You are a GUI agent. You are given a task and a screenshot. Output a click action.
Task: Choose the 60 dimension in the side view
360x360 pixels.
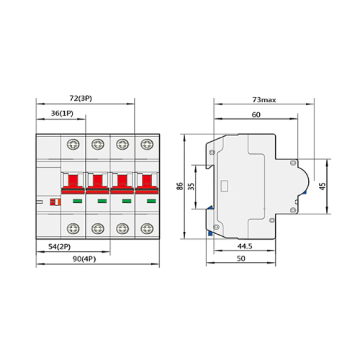[x=256, y=114]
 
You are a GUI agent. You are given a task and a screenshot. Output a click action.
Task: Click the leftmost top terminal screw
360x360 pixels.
[x=73, y=145]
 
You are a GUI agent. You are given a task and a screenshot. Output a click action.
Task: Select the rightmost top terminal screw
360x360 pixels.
[x=148, y=145]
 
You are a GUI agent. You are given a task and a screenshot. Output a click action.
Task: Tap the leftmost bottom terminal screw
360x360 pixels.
[x=73, y=230]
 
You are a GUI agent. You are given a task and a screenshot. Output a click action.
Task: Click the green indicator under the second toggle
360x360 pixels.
[x=98, y=201]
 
